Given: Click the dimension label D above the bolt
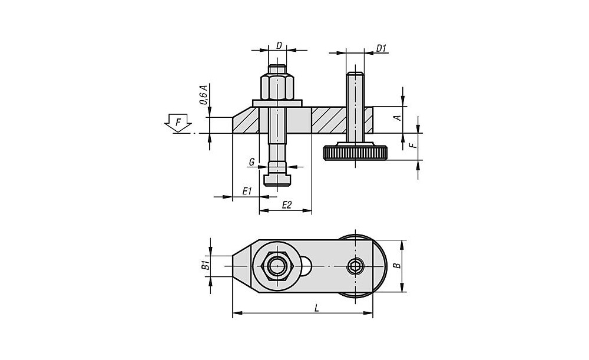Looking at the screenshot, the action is (279, 45).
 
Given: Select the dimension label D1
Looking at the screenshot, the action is (381, 48).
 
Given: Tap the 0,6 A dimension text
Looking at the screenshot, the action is (203, 95).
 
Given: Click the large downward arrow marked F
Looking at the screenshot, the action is (178, 123).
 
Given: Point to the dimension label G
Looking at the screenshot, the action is (252, 163).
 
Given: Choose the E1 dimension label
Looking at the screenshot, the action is (246, 191).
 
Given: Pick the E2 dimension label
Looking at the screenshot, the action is (287, 205).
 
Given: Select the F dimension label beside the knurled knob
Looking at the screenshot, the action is (413, 145).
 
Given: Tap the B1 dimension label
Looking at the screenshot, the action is (205, 265).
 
